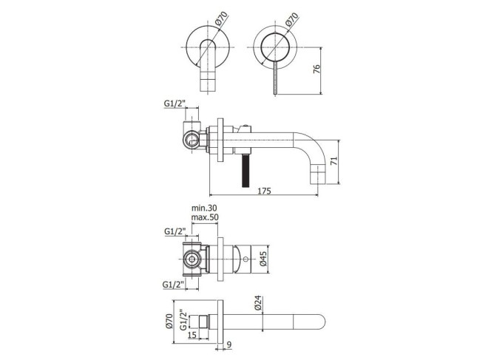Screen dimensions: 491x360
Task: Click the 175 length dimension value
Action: coord(264,191)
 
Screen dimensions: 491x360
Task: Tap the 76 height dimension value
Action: coord(316,69)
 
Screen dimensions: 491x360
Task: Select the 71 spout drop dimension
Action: coord(334,161)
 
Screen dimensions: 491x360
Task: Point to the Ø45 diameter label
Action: coord(263,259)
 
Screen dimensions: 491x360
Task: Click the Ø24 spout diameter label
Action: coord(258,303)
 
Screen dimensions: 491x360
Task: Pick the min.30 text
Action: coord(204,208)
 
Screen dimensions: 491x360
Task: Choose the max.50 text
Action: coord(205,217)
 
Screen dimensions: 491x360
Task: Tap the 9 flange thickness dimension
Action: coord(229,344)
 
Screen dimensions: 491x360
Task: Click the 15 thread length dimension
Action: coord(192,335)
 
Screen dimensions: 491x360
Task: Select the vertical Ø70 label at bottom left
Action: coord(169,321)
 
